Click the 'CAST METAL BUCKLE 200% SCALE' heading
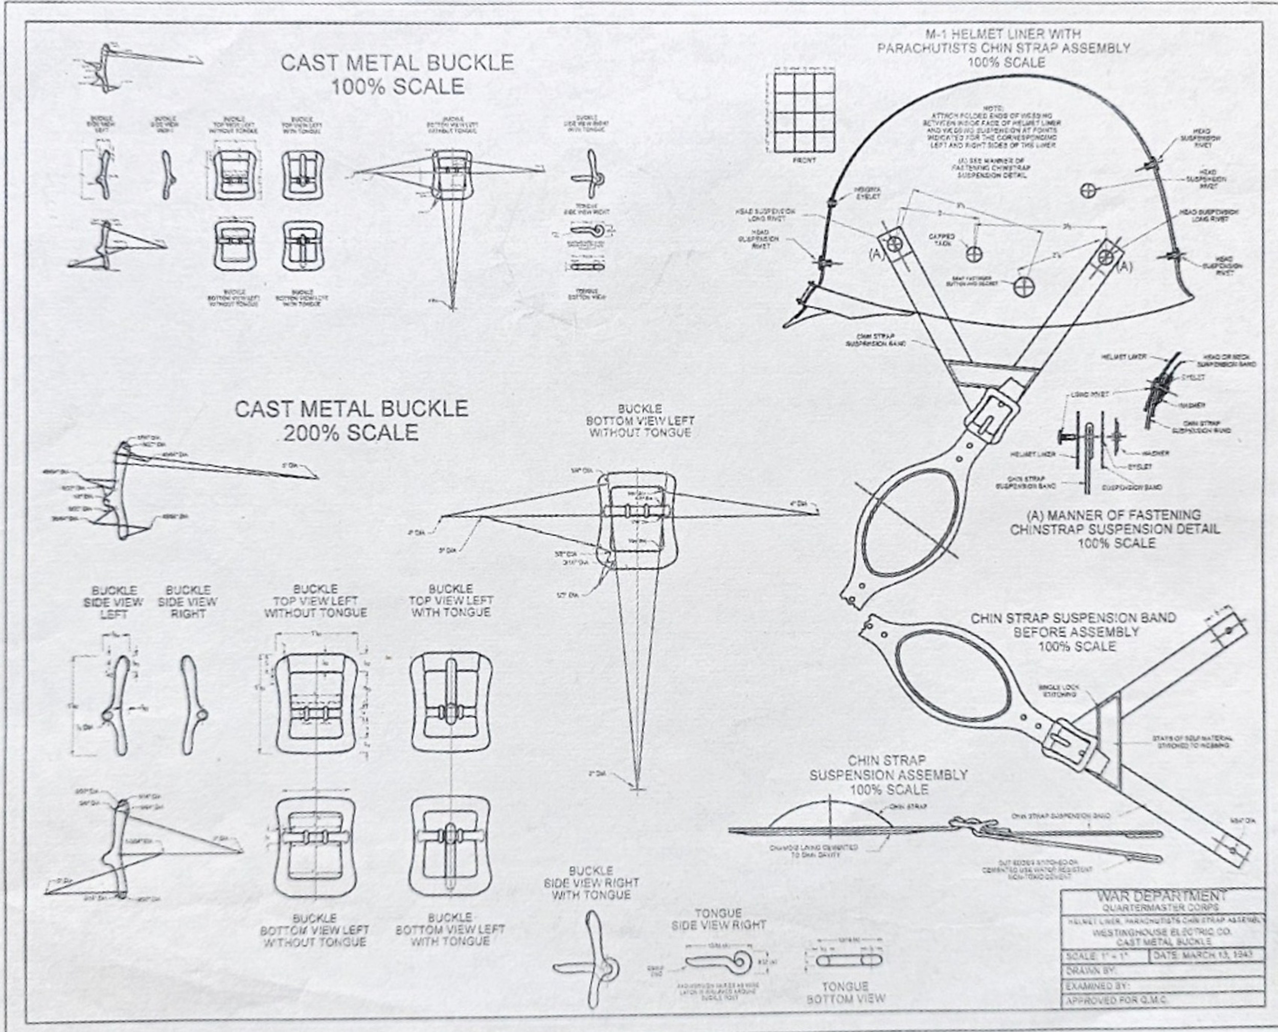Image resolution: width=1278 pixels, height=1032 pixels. [351, 420]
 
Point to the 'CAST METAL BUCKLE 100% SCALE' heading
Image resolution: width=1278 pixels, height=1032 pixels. [397, 74]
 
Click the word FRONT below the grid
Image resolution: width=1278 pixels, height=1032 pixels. [804, 160]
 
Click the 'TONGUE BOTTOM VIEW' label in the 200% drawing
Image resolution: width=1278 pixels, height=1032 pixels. [845, 992]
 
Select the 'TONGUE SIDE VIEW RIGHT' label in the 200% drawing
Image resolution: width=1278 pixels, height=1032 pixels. [718, 919]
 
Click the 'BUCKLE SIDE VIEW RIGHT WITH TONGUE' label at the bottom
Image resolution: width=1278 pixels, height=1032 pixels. [590, 883]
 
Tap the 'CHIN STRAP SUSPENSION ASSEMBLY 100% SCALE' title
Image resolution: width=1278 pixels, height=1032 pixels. [888, 775]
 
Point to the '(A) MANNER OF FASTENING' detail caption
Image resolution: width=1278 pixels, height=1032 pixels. [1114, 522]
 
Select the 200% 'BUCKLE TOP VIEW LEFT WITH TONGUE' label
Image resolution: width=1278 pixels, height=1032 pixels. [450, 601]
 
